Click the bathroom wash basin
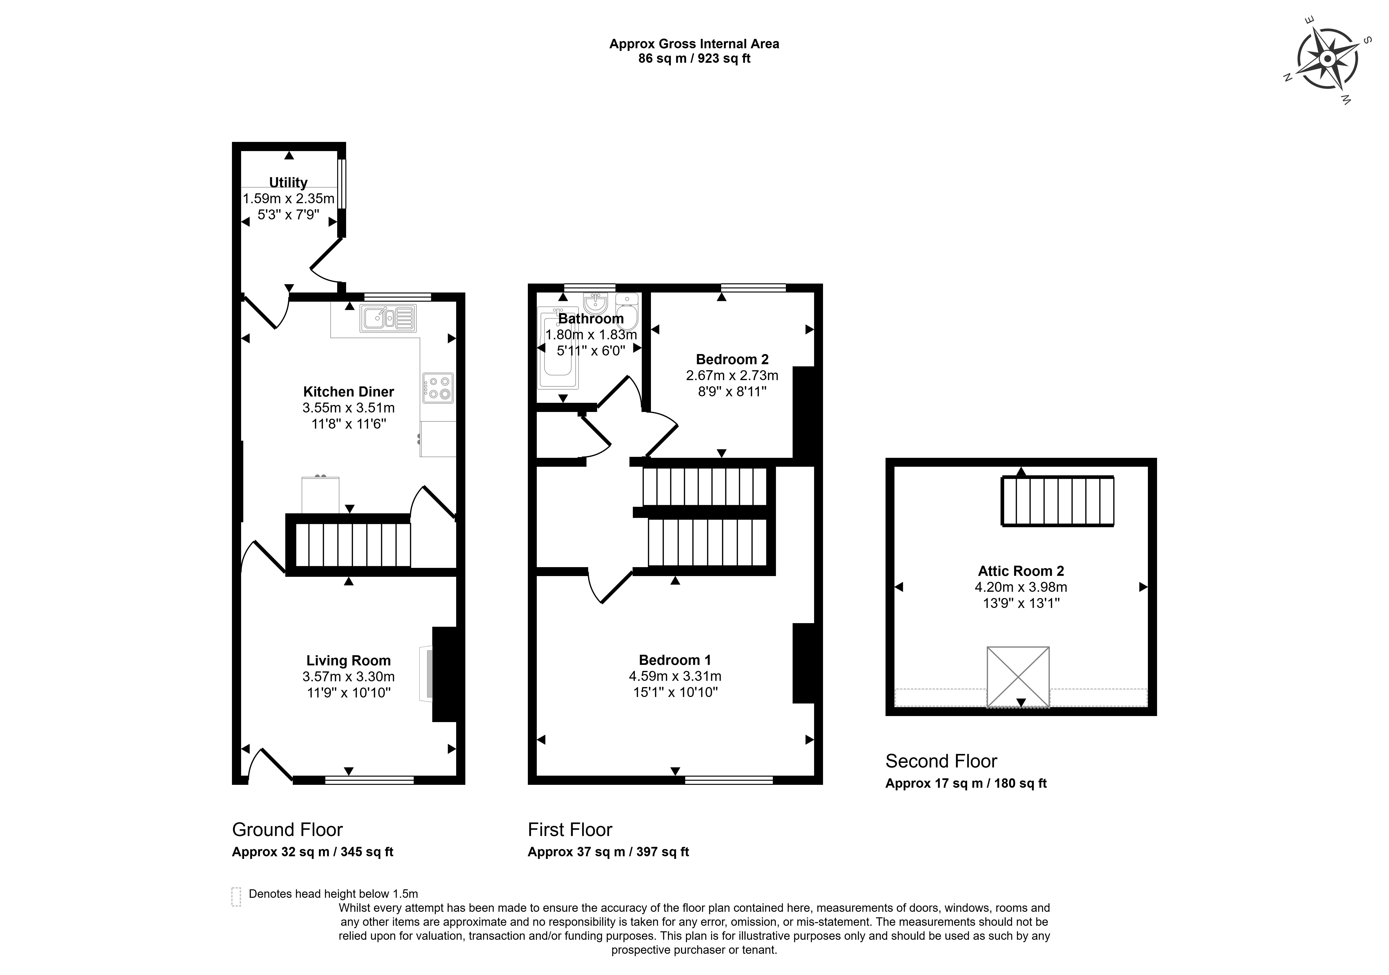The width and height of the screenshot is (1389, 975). click(595, 302)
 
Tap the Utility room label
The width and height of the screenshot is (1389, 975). click(288, 182)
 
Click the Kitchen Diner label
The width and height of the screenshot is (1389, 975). click(349, 391)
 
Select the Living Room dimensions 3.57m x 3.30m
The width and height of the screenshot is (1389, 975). click(349, 676)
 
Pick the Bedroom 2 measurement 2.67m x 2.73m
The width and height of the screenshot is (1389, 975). click(732, 375)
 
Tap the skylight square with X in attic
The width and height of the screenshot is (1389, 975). click(1018, 676)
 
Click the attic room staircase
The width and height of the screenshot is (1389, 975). click(1057, 501)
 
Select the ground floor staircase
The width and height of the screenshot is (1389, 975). click(353, 544)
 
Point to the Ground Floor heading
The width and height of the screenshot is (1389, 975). click(287, 829)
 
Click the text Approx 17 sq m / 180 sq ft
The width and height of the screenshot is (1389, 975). click(965, 783)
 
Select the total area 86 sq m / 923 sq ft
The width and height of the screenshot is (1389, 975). click(694, 59)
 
